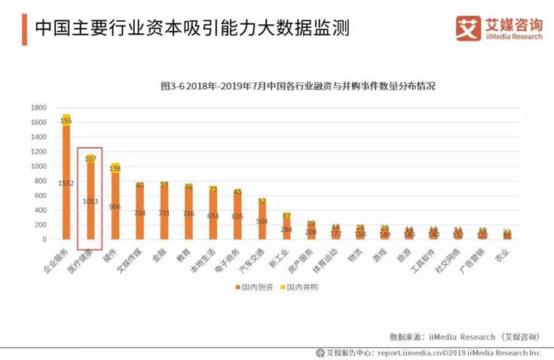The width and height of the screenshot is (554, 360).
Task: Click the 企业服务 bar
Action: [x=66, y=181]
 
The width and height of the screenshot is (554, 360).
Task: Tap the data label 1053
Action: [x=90, y=201]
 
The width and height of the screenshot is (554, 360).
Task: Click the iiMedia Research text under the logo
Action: [x=512, y=35]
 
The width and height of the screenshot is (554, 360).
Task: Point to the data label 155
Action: [x=66, y=121]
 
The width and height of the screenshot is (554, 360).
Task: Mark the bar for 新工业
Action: [x=286, y=228]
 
